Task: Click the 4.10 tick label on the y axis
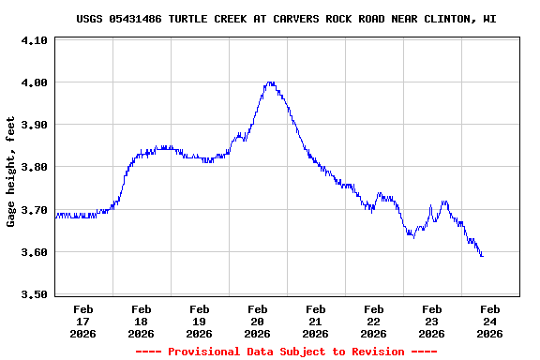[34, 40]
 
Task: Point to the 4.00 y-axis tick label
[34, 82]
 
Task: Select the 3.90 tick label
[34, 125]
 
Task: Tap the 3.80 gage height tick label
[34, 167]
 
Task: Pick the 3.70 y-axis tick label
[34, 210]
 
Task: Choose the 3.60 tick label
[34, 252]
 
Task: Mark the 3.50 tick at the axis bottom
[34, 294]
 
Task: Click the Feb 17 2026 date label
[83, 321]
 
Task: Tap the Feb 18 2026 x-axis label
[142, 321]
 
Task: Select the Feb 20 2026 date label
[258, 321]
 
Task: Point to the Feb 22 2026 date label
[374, 321]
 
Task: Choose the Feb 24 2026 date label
[489, 321]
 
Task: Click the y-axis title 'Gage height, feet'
[11, 171]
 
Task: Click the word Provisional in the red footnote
[205, 352]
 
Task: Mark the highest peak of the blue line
[270, 82]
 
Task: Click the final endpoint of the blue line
[483, 256]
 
